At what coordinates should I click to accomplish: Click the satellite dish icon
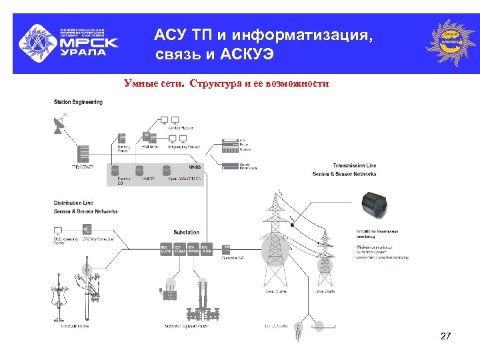pos(59,125)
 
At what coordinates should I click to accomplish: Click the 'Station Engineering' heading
pos(78,102)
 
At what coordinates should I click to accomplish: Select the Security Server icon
pos(123,139)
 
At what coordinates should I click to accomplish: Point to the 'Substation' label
pos(186,233)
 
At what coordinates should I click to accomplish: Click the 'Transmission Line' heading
pos(355,165)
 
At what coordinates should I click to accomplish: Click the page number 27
pos(446,337)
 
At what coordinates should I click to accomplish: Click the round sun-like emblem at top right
pos(451,42)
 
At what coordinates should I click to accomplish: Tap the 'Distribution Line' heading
pos(73,203)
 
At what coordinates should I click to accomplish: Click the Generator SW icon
pos(227,247)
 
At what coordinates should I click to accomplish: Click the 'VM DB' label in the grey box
pos(195,166)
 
